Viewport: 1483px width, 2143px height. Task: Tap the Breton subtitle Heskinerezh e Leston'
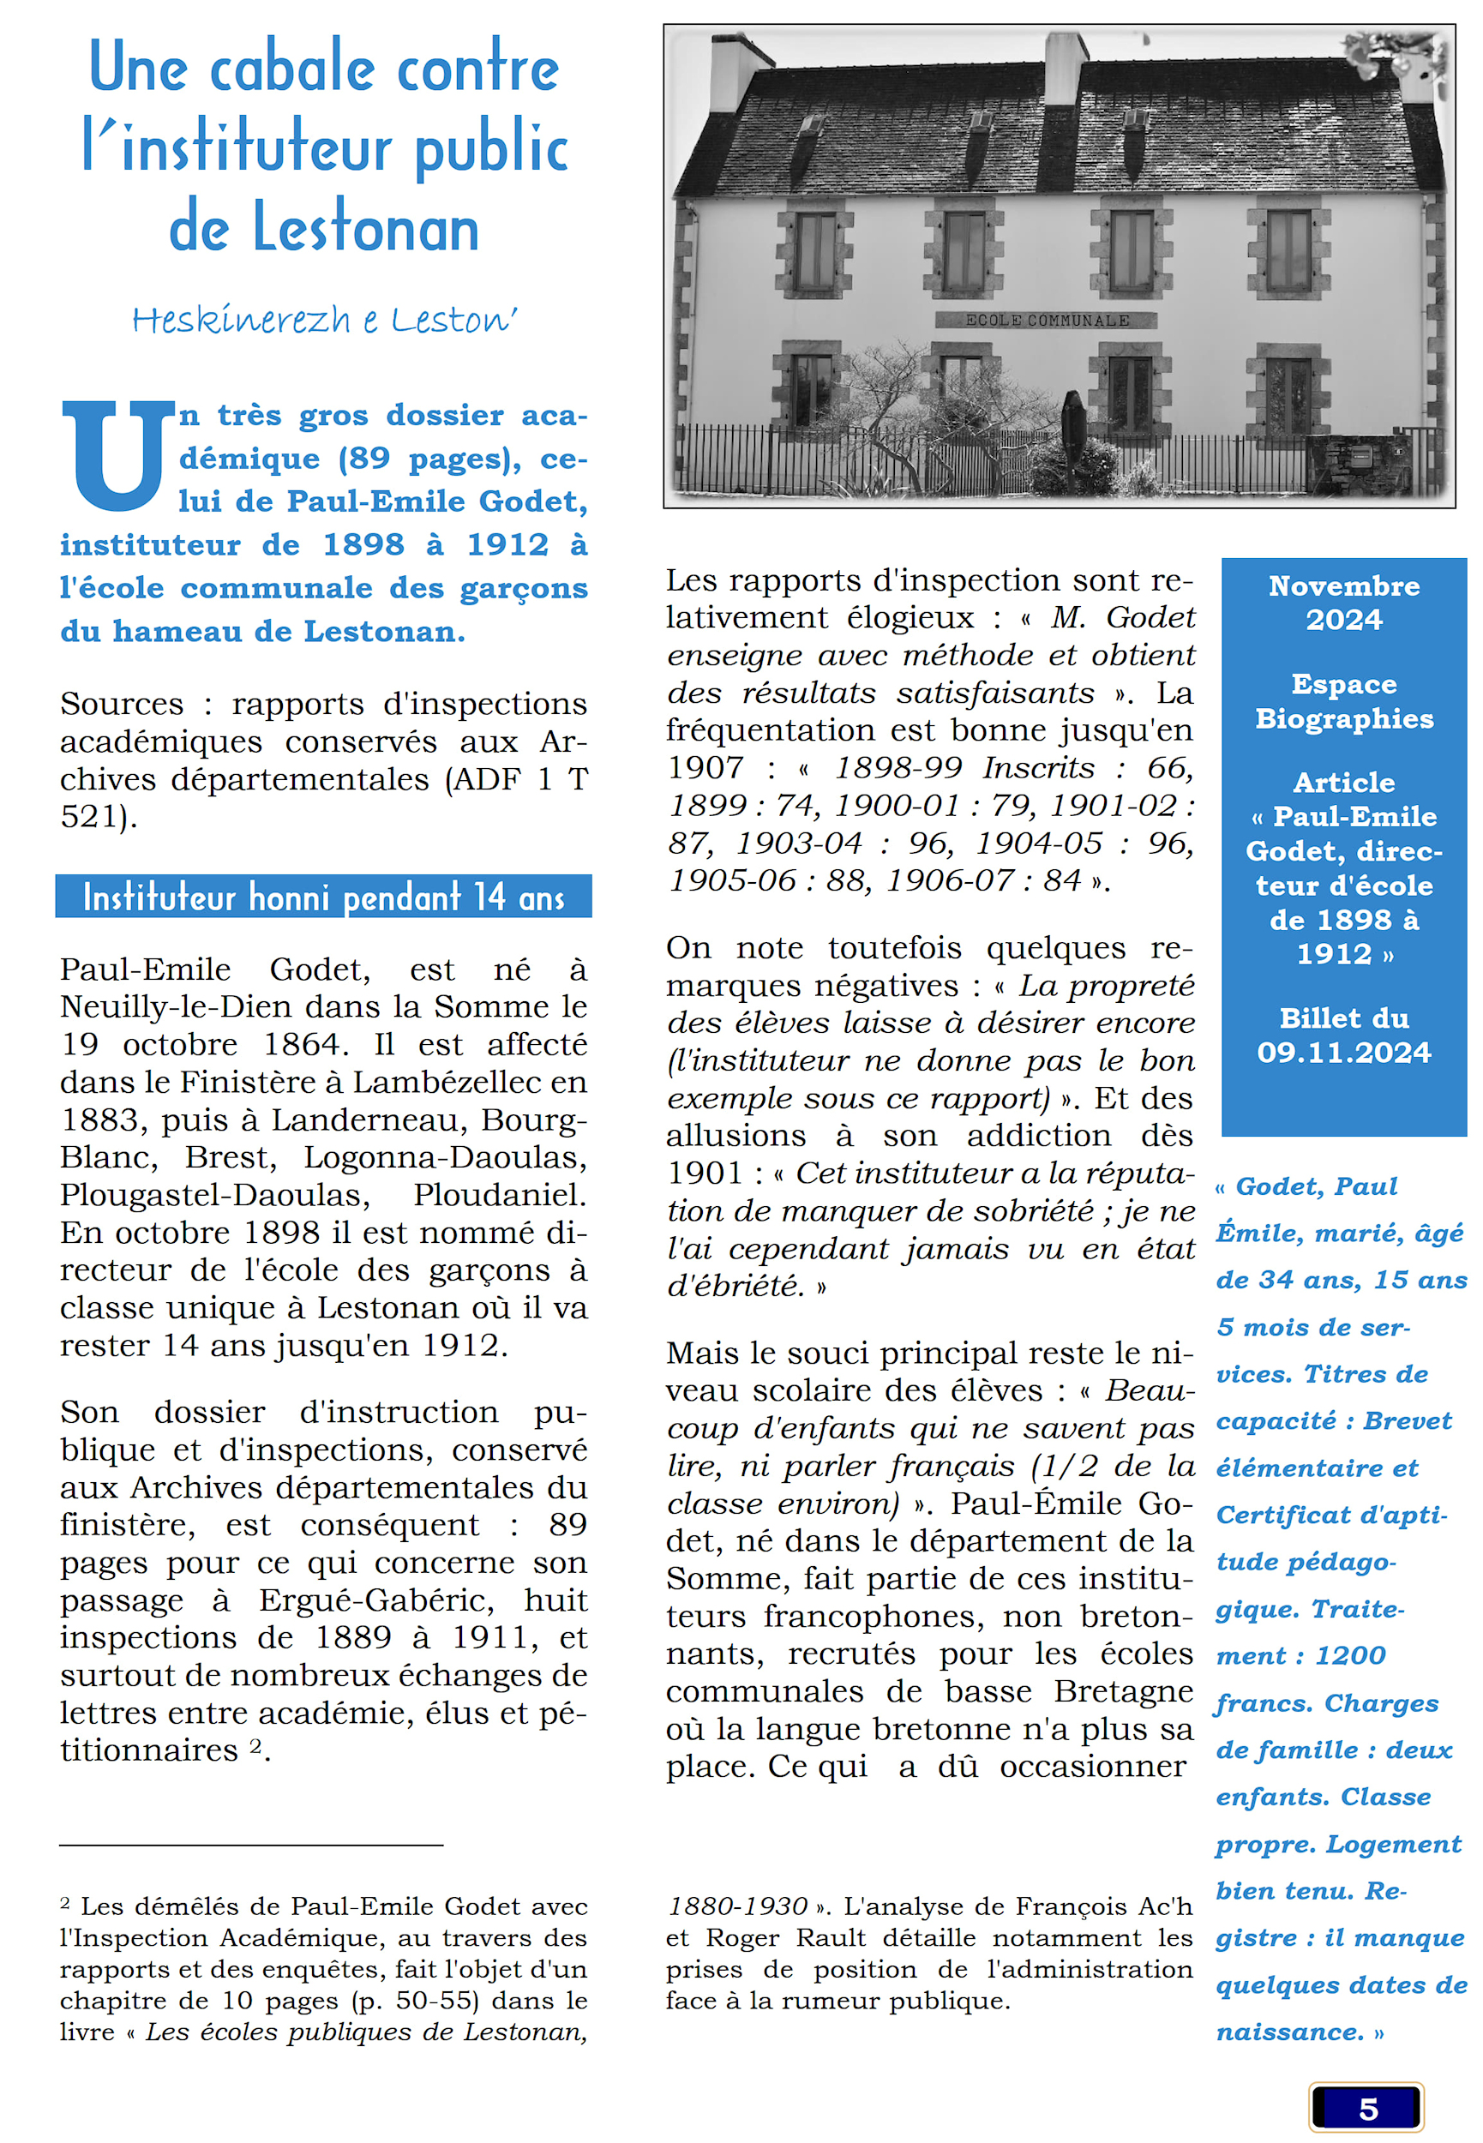click(x=324, y=320)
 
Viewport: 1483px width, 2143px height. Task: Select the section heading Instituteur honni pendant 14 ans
click(x=323, y=897)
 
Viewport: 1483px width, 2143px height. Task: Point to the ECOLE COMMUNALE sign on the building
click(x=1048, y=321)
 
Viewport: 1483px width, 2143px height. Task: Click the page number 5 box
click(x=1366, y=2109)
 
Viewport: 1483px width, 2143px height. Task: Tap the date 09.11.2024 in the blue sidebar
click(x=1343, y=1053)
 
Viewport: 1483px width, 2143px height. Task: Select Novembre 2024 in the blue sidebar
click(x=1343, y=603)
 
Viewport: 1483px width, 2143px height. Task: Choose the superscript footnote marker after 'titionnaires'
click(x=255, y=1746)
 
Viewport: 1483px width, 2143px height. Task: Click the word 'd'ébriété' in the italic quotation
click(x=735, y=1287)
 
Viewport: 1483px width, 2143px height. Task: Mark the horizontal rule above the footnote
click(x=251, y=1844)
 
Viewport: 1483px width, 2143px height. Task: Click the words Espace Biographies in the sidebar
click(x=1343, y=701)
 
